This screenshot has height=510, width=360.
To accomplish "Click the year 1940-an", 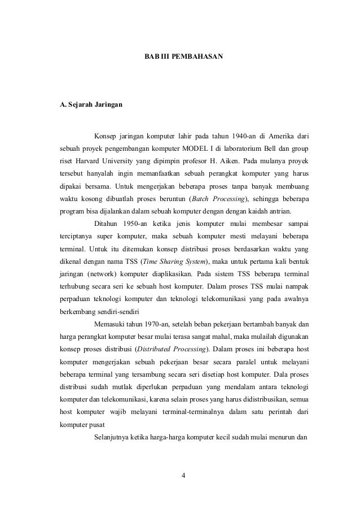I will pyautogui.click(x=247, y=136).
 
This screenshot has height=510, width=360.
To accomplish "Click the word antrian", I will pyautogui.click(x=279, y=212).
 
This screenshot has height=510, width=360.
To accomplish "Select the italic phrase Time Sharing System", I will pyautogui.click(x=175, y=262).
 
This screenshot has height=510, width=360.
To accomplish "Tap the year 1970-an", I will pyautogui.click(x=155, y=325).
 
